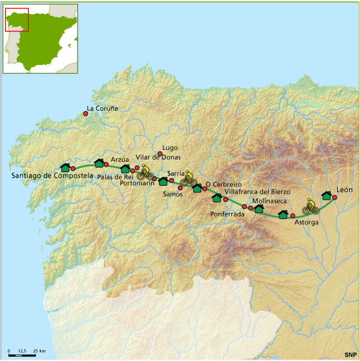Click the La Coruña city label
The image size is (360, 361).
pos(102,109)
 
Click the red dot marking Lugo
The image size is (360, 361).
pos(160,153)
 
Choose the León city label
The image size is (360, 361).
pos(345,189)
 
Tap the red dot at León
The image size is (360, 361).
pos(334,197)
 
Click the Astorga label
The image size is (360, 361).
pos(306,222)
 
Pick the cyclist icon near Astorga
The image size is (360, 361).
pos(310,208)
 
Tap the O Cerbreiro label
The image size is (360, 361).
pos(223,184)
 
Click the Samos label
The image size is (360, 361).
pos(173,194)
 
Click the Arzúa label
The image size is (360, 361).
pos(120,159)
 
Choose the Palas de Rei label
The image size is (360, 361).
pos(114,177)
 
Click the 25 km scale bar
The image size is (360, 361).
pos(23,355)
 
